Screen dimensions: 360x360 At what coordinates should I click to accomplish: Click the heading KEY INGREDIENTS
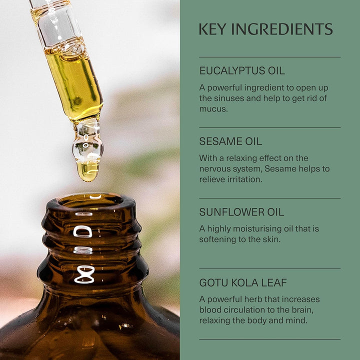click(x=265, y=29)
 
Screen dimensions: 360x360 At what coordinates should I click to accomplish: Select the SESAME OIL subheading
click(x=230, y=141)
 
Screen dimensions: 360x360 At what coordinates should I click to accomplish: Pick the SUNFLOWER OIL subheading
click(x=241, y=212)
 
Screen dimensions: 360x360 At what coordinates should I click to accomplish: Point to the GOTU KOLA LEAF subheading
click(x=243, y=283)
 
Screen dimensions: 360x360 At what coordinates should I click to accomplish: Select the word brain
click(x=301, y=310)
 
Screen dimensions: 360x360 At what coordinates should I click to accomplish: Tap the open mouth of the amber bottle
click(x=90, y=200)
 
